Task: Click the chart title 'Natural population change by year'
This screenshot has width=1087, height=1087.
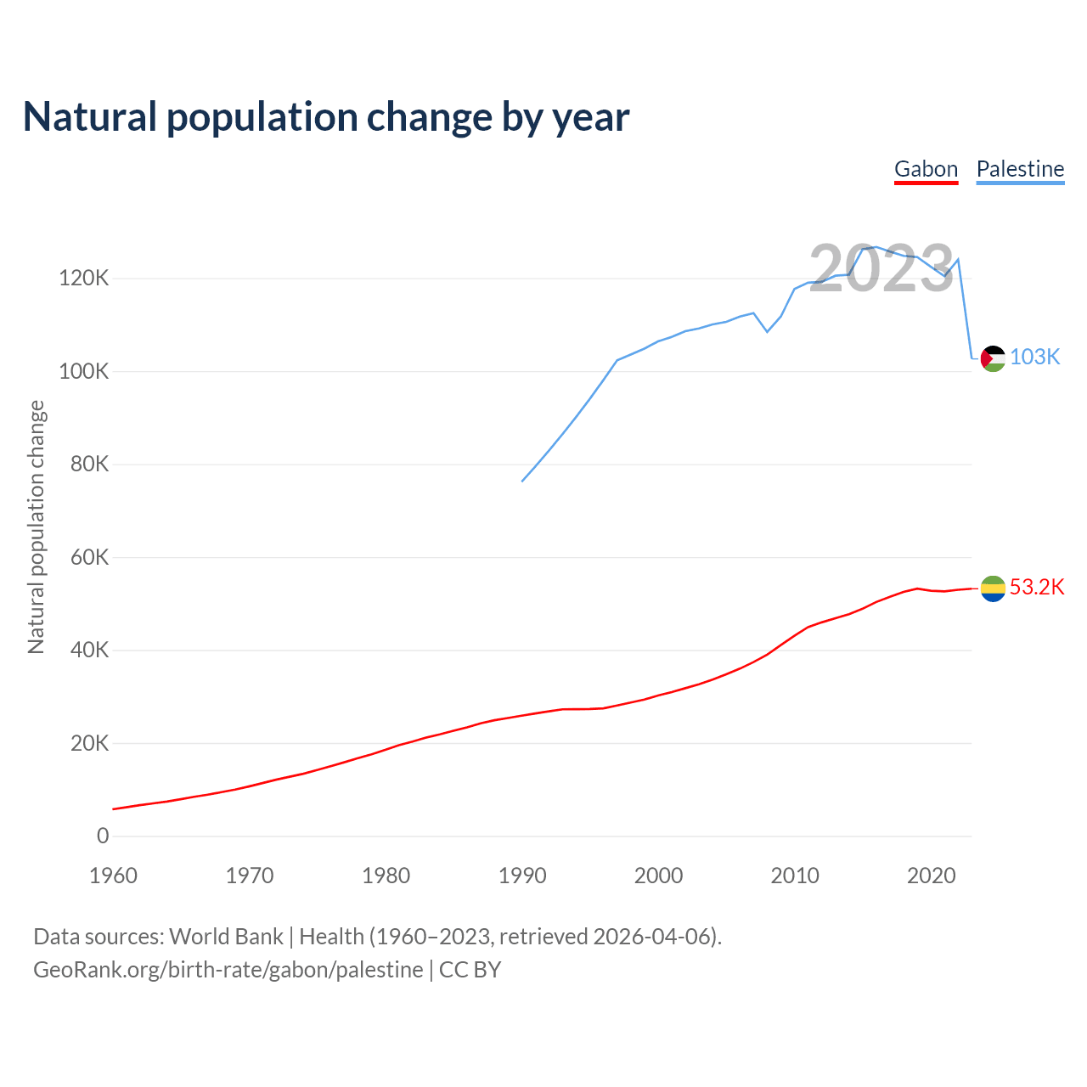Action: click(326, 117)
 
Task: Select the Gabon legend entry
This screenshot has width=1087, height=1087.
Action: click(926, 169)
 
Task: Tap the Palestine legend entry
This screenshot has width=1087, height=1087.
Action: click(1020, 169)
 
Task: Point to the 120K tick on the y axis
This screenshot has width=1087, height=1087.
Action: click(84, 279)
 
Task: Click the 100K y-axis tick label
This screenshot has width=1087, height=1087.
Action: click(84, 372)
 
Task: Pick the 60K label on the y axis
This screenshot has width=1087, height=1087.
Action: click(89, 558)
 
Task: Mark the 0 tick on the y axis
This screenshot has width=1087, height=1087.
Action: click(103, 836)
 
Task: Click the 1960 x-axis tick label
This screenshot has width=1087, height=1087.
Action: click(113, 876)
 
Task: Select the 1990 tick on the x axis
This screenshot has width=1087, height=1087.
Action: click(522, 876)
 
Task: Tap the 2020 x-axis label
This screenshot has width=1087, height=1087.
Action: click(932, 876)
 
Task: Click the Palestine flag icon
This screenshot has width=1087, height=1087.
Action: click(993, 358)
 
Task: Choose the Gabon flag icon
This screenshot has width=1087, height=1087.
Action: click(993, 588)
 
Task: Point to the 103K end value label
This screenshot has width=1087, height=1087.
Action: click(1035, 358)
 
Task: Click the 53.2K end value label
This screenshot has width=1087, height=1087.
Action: click(1037, 588)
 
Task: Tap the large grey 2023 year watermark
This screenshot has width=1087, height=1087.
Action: click(881, 269)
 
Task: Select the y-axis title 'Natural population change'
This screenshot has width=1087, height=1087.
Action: click(37, 527)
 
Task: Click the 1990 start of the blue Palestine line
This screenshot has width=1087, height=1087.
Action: click(522, 482)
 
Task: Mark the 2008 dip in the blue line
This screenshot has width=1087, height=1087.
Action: click(768, 331)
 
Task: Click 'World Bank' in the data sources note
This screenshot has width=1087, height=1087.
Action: click(226, 937)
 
